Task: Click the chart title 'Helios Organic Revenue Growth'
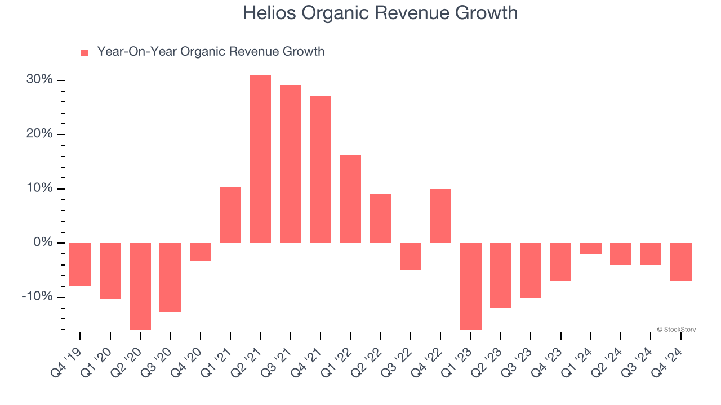380,13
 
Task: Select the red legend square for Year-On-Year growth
84,52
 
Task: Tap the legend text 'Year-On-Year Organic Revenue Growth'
211,52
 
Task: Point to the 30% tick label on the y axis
39,80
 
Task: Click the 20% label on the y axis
39,134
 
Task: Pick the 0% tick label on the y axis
42,242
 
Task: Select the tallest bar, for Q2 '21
260,159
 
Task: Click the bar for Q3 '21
291,164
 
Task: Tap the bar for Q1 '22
350,199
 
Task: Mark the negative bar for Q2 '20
140,286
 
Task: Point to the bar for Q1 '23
471,286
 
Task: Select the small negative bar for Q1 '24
591,248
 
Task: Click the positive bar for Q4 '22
440,216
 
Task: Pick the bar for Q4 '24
681,262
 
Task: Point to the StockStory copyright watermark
676,330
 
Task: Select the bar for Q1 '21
230,215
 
